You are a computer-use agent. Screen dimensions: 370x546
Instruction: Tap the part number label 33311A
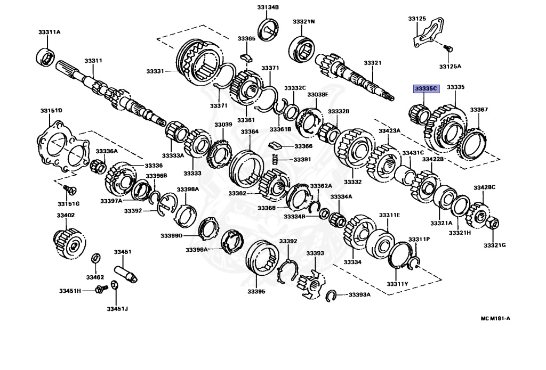[49, 32]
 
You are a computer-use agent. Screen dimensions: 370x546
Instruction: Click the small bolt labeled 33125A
[448, 49]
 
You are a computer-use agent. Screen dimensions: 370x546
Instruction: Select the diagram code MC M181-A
[495, 318]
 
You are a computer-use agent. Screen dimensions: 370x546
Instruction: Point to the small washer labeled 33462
[95, 259]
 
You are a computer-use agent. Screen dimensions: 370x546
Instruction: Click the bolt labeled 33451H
[99, 290]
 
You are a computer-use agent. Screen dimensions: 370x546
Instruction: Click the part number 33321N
[303, 21]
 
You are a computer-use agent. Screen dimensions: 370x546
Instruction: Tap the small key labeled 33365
[246, 54]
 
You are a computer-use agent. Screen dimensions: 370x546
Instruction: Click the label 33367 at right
[478, 110]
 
